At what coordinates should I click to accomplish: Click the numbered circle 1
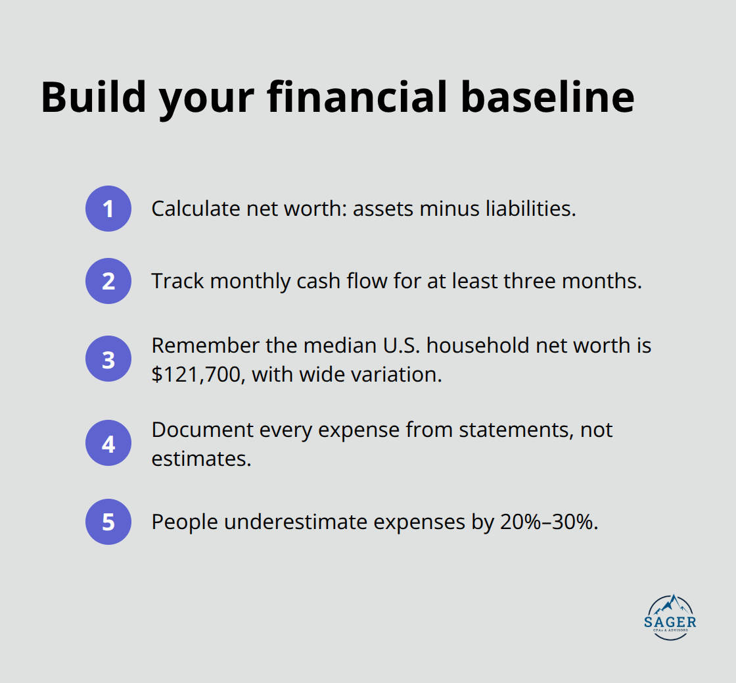pos(108,209)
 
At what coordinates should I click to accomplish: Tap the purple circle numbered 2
pos(108,281)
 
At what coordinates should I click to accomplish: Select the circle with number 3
pos(108,360)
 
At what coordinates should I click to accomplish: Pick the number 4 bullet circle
pos(108,444)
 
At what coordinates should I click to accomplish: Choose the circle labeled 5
pos(108,522)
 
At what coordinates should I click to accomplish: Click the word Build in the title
pos(93,97)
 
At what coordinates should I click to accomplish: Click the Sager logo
pos(671,618)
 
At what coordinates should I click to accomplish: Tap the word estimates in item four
pos(201,459)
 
